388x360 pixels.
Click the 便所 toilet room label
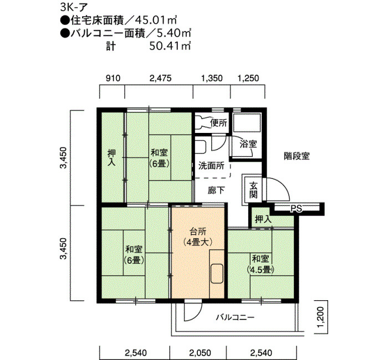(x=219, y=123)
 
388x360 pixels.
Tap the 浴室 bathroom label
(x=248, y=144)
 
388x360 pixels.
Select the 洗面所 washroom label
(x=211, y=166)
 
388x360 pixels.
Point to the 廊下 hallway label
(x=216, y=191)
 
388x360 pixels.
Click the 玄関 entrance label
(x=253, y=190)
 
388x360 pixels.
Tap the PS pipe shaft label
(x=296, y=209)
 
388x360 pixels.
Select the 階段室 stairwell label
(x=297, y=156)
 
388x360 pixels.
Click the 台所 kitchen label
(x=198, y=232)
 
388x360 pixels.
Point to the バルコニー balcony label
(x=235, y=317)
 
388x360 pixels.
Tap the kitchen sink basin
(x=217, y=273)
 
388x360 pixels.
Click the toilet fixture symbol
(x=202, y=122)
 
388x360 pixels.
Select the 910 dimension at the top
(x=113, y=78)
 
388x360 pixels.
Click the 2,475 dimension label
(x=160, y=78)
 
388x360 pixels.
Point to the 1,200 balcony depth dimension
(x=320, y=317)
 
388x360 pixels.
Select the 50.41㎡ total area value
(x=170, y=46)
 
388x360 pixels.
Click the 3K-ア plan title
(x=74, y=7)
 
